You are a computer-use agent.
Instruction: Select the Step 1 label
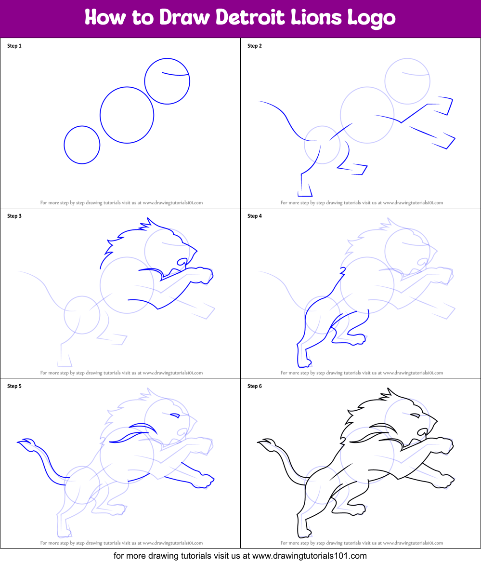point(14,46)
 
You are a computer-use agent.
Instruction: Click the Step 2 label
point(255,46)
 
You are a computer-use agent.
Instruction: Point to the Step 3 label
point(14,216)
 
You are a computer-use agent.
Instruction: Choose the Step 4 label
point(255,216)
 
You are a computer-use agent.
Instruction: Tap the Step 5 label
point(14,386)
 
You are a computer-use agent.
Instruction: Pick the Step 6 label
point(255,386)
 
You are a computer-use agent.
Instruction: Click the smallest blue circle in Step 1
point(82,145)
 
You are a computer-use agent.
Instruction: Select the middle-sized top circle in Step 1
point(167,81)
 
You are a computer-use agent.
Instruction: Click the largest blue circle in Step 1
point(127,115)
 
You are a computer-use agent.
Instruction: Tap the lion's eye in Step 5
point(175,415)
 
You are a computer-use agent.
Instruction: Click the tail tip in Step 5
point(24,442)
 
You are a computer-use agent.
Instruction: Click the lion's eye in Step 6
point(415,415)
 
